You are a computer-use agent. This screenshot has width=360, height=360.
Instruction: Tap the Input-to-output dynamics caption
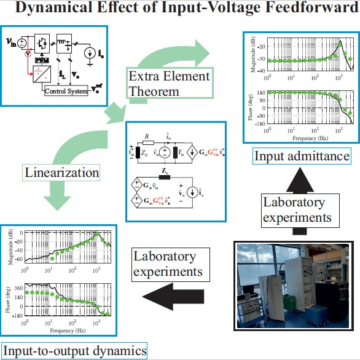tap(74, 351)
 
